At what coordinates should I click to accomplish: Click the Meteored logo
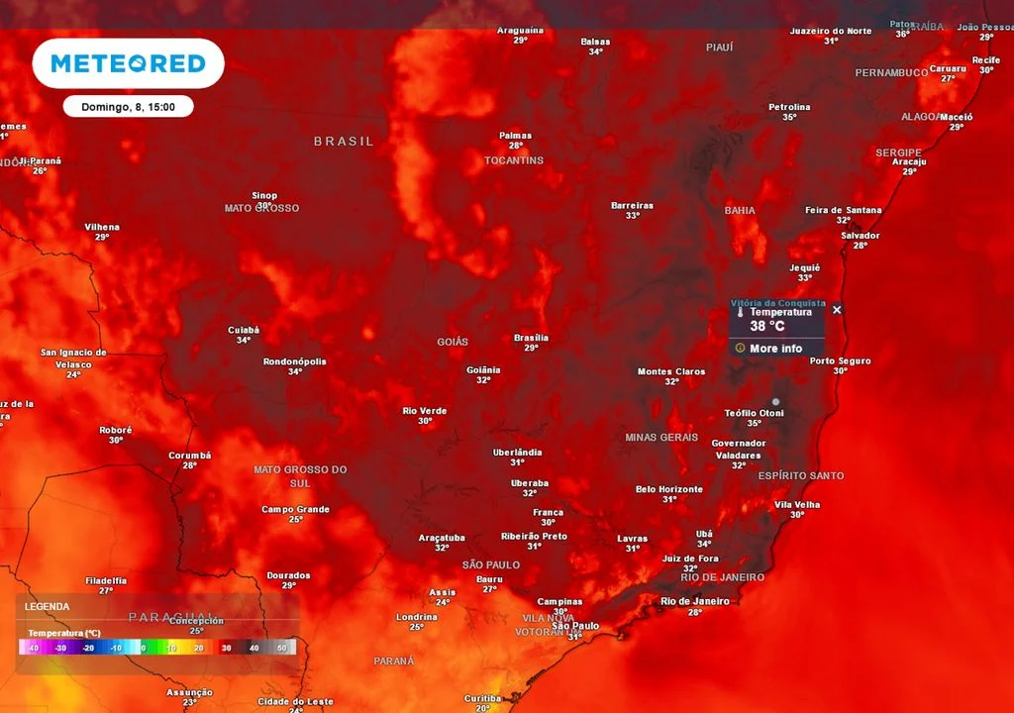point(128,63)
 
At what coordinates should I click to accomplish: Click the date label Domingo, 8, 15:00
point(128,106)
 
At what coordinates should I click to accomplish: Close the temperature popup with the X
point(837,310)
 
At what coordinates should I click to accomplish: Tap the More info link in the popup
point(775,349)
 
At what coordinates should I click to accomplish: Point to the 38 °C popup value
point(766,326)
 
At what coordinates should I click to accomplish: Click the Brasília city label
point(531,338)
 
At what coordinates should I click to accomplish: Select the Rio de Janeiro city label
point(694,601)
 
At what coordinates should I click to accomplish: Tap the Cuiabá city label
point(243,330)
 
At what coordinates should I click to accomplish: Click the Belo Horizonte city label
point(669,489)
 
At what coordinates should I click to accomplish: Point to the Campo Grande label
point(295,510)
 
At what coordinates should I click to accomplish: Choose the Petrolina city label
point(789,107)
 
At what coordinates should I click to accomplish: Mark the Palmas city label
point(515,136)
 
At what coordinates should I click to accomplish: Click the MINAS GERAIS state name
point(661,437)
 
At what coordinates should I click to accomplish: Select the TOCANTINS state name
point(514,160)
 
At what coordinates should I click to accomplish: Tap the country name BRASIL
point(344,142)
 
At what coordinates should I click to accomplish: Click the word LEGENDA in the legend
point(47,606)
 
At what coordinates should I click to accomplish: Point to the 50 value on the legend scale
point(281,648)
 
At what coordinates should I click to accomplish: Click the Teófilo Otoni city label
point(754,413)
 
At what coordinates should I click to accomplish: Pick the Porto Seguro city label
point(840,360)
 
